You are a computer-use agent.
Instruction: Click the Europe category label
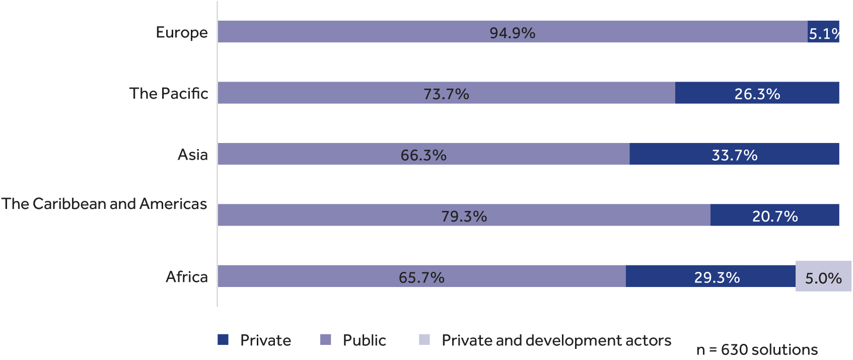[181, 32]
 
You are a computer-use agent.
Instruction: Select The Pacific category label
[168, 93]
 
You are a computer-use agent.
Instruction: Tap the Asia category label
[192, 154]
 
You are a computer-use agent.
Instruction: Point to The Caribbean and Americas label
[104, 203]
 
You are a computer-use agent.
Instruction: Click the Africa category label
[186, 276]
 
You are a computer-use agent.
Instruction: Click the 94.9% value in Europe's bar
[512, 33]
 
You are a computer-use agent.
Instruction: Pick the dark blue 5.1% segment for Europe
[823, 33]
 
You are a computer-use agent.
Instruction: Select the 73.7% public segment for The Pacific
[446, 94]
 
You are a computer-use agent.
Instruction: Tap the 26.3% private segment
[757, 94]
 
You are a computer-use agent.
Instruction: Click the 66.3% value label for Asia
[423, 155]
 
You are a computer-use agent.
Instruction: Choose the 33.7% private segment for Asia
[734, 155]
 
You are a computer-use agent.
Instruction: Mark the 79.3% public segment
[464, 216]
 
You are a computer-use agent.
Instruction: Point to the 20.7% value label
[774, 216]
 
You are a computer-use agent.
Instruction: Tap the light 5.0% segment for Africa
[823, 277]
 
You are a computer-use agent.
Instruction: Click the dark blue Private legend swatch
[223, 340]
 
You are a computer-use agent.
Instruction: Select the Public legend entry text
[364, 340]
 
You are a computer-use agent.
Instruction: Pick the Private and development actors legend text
[556, 340]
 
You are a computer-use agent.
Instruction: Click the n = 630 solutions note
[757, 349]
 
